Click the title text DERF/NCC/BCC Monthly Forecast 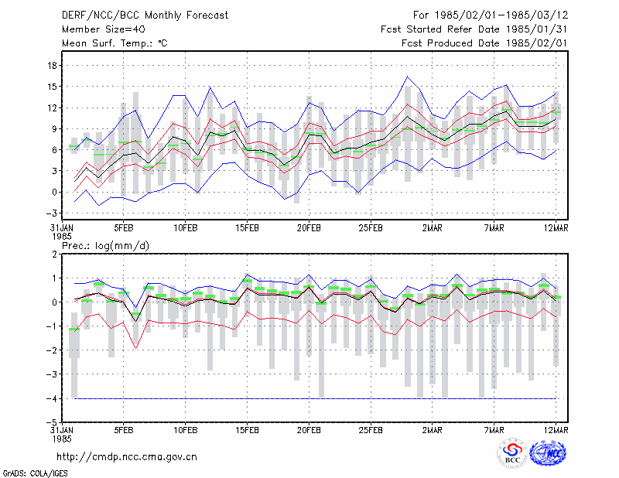click(145, 15)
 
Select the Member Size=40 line click(104, 29)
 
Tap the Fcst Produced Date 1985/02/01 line click(484, 43)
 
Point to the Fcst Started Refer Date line click(474, 29)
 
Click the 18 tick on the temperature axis click(52, 66)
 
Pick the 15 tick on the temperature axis click(52, 87)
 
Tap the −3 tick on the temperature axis click(51, 213)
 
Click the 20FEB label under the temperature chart click(309, 228)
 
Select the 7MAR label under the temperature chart click(494, 228)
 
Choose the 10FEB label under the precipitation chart click(185, 430)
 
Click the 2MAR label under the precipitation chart click(433, 430)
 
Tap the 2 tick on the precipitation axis click(54, 254)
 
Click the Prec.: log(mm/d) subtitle click(105, 246)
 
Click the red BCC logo click(512, 454)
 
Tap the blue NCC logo click(548, 453)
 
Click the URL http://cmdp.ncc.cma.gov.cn click(127, 457)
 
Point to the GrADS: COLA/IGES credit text click(35, 473)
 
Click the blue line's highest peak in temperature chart click(408, 77)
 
